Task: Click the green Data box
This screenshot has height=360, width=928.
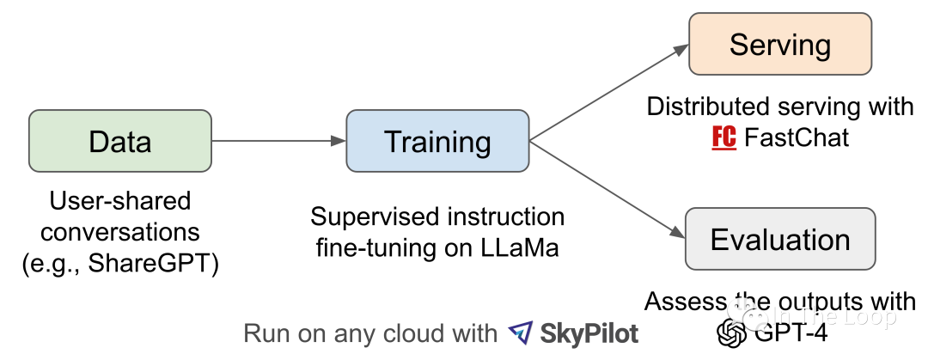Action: click(120, 141)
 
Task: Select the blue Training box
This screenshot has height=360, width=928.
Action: click(437, 141)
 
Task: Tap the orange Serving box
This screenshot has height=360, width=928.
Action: click(780, 45)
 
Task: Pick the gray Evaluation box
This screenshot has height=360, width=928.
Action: click(780, 238)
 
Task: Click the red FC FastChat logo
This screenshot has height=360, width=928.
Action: click(724, 137)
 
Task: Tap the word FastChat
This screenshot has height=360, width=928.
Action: click(797, 137)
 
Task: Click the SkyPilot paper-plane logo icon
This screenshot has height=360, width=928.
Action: click(521, 333)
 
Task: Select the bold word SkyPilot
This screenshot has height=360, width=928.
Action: click(589, 333)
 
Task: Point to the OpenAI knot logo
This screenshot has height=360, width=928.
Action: click(732, 333)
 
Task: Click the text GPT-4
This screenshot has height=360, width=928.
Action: click(791, 333)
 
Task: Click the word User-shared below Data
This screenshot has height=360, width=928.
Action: click(120, 202)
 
